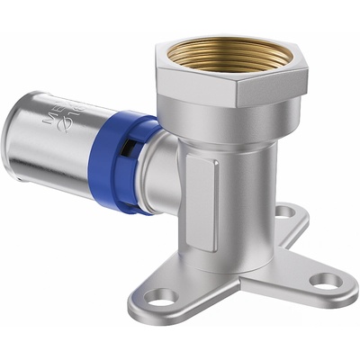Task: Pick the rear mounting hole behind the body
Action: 284,211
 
